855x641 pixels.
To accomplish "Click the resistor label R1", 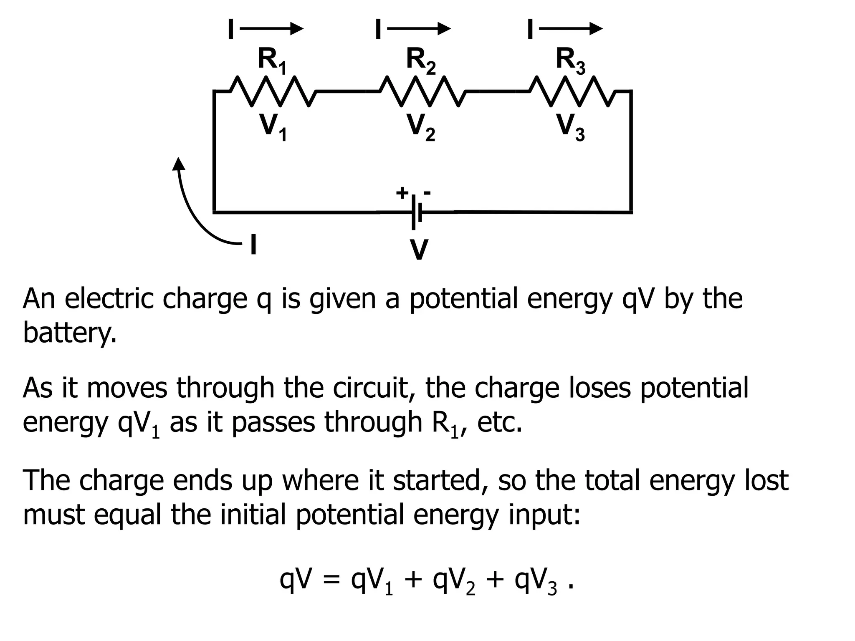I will tap(272, 61).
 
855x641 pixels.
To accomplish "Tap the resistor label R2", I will tap(421, 61).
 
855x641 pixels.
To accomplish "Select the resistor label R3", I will tap(570, 61).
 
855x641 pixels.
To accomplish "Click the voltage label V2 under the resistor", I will tap(421, 127).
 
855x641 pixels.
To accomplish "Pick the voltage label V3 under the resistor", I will tap(570, 127).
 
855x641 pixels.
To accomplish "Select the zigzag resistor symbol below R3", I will tap(571, 91).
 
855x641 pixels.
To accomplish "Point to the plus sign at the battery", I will tap(402, 193).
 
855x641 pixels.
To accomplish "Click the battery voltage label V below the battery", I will tap(419, 250).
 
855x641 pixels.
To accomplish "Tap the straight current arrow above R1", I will tap(271, 29).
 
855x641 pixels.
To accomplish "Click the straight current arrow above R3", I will tap(571, 29).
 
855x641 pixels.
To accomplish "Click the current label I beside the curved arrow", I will tap(253, 244).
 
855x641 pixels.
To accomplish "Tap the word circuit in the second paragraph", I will tap(369, 388).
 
